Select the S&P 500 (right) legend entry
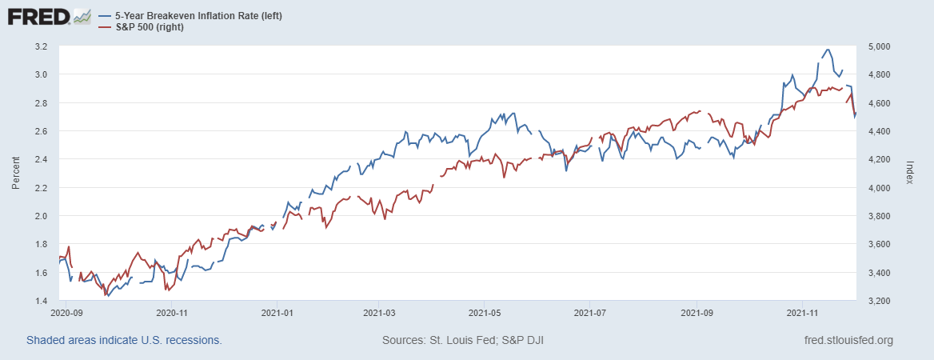coord(155,27)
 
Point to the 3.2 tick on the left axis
coord(42,46)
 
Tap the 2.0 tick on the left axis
coord(42,216)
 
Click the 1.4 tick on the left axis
coord(42,301)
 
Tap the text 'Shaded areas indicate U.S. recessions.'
coord(124,341)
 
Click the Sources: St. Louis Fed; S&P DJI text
coord(464,341)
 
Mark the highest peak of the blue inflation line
coord(827,50)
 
